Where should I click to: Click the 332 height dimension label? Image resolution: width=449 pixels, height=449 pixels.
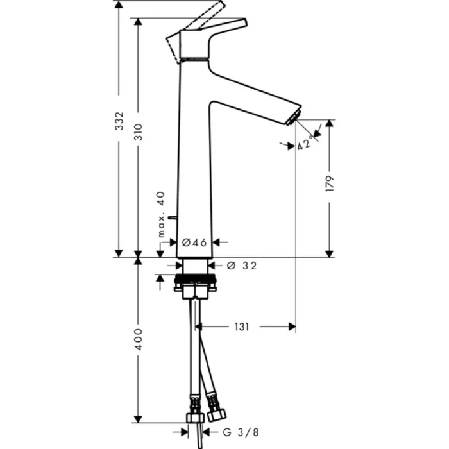[x=118, y=135]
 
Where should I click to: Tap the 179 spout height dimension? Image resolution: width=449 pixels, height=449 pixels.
[x=330, y=184]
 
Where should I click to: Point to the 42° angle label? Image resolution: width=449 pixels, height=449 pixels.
[x=307, y=143]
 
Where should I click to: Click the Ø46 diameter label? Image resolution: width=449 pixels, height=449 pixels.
[x=193, y=242]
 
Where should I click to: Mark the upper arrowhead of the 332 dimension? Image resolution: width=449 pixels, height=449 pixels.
[x=118, y=5]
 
